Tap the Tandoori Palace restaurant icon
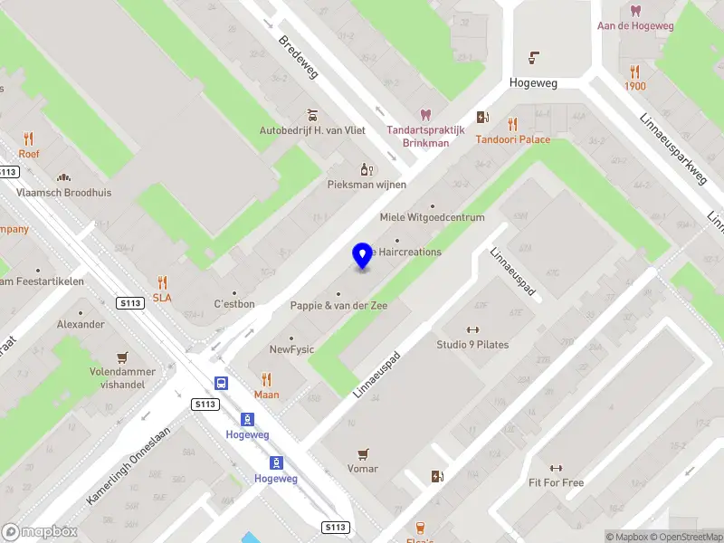tap(512, 124)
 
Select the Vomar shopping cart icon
tap(363, 453)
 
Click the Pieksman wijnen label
tap(367, 184)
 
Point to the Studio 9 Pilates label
tap(472, 344)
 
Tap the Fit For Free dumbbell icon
tap(556, 468)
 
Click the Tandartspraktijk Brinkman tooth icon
tap(425, 115)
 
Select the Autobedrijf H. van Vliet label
tap(312, 130)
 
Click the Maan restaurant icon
tap(266, 379)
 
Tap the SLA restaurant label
tap(162, 297)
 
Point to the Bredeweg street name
tap(298, 55)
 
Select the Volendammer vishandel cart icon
tap(122, 357)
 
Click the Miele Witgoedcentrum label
tap(432, 217)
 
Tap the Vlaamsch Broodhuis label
tap(63, 193)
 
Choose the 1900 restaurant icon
tap(634, 71)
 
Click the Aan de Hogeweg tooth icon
tap(634, 11)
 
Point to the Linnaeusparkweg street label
tap(672, 148)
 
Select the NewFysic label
tap(291, 349)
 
